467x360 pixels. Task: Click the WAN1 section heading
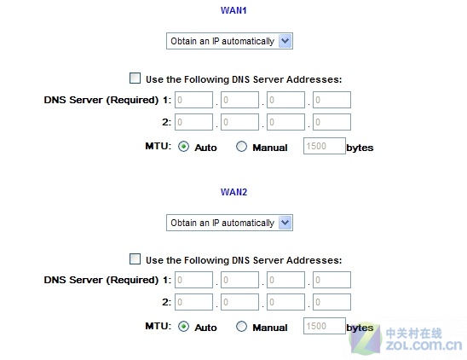[233, 10]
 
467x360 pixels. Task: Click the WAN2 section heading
[233, 192]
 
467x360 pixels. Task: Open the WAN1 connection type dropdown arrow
[285, 41]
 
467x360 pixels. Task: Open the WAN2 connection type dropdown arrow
[285, 223]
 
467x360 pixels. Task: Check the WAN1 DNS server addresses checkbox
[135, 78]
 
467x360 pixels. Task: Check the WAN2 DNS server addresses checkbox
[135, 258]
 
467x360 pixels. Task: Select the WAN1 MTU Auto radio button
[183, 147]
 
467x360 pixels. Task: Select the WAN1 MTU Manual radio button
[241, 147]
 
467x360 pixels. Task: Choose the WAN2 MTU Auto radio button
[183, 327]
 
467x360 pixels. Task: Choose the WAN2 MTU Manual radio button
[241, 327]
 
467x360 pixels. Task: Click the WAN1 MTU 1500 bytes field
[325, 146]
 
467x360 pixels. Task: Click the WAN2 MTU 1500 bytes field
[325, 326]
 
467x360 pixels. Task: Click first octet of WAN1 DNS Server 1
[193, 100]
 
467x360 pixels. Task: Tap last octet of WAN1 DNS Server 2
[332, 122]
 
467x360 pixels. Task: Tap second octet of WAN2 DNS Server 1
[239, 280]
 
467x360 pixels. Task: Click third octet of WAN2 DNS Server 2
[286, 302]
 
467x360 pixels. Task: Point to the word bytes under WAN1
[360, 148]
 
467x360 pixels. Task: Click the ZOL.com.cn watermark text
[424, 345]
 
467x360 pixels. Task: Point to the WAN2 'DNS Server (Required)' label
[101, 280]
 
